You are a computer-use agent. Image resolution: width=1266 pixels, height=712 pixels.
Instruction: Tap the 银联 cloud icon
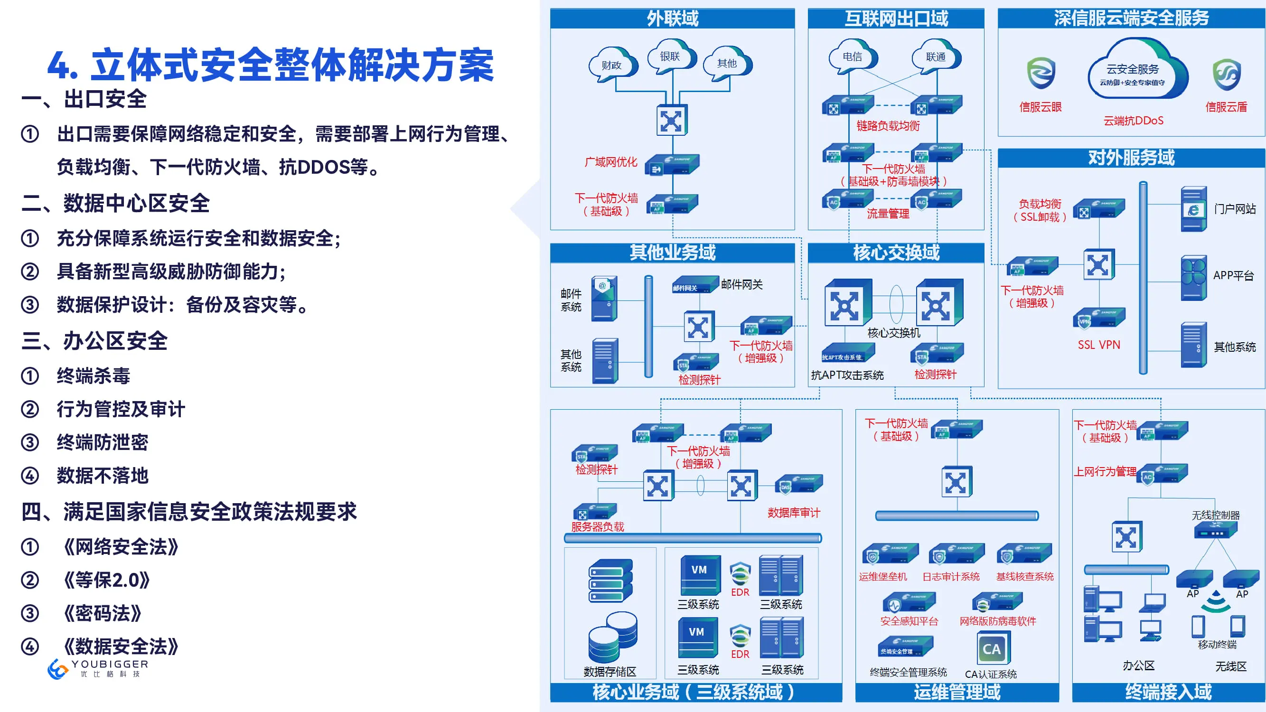pyautogui.click(x=670, y=56)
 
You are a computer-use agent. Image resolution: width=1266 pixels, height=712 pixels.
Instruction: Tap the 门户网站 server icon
pyautogui.click(x=1194, y=209)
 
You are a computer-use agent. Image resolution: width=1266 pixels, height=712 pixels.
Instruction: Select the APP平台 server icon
pyautogui.click(x=1194, y=278)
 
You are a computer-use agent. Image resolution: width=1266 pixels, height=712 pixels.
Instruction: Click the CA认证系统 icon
pyautogui.click(x=992, y=648)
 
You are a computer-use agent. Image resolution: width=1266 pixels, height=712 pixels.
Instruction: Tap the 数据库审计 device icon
pyautogui.click(x=798, y=486)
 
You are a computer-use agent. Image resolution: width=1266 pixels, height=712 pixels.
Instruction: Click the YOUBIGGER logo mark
pyautogui.click(x=58, y=669)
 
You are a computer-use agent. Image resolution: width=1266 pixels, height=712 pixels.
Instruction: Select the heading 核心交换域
pyautogui.click(x=896, y=253)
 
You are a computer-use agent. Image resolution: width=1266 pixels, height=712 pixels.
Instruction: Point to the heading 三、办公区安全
pyautogui.click(x=94, y=341)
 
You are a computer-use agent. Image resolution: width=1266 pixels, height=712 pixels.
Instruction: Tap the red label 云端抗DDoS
pyautogui.click(x=1133, y=121)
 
